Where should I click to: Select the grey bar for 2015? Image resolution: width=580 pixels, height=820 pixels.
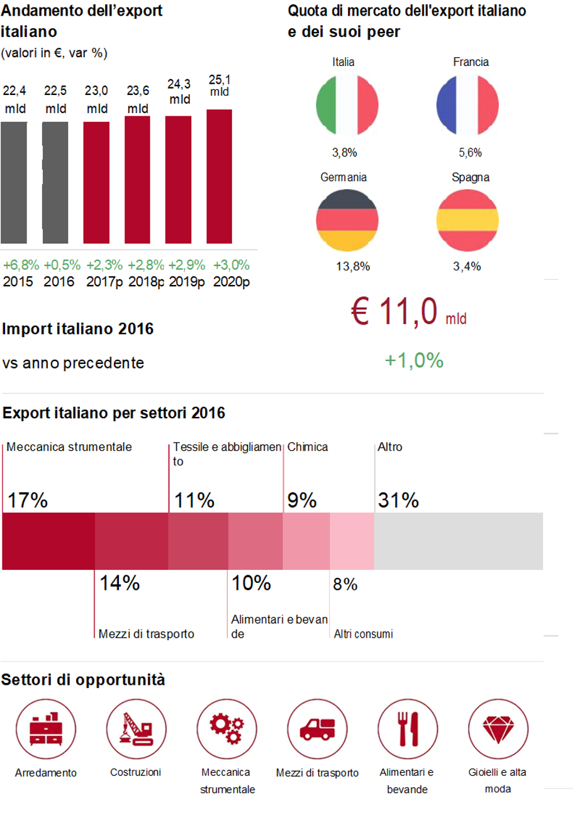click(14, 182)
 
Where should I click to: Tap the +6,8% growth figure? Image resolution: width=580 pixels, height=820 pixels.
click(21, 264)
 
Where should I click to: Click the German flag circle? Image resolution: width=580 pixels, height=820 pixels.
click(347, 219)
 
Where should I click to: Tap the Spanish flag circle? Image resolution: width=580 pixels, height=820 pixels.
click(467, 219)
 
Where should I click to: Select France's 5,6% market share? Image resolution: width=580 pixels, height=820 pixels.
click(470, 152)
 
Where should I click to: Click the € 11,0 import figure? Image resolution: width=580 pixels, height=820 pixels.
click(396, 312)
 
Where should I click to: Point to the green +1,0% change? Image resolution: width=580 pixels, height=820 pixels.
click(414, 360)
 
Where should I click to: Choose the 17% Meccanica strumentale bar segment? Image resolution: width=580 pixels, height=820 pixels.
click(48, 541)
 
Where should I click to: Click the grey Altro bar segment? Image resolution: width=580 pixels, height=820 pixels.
click(459, 541)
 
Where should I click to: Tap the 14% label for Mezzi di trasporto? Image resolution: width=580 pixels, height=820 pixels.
click(120, 584)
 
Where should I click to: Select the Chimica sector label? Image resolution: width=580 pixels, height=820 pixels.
click(308, 448)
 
